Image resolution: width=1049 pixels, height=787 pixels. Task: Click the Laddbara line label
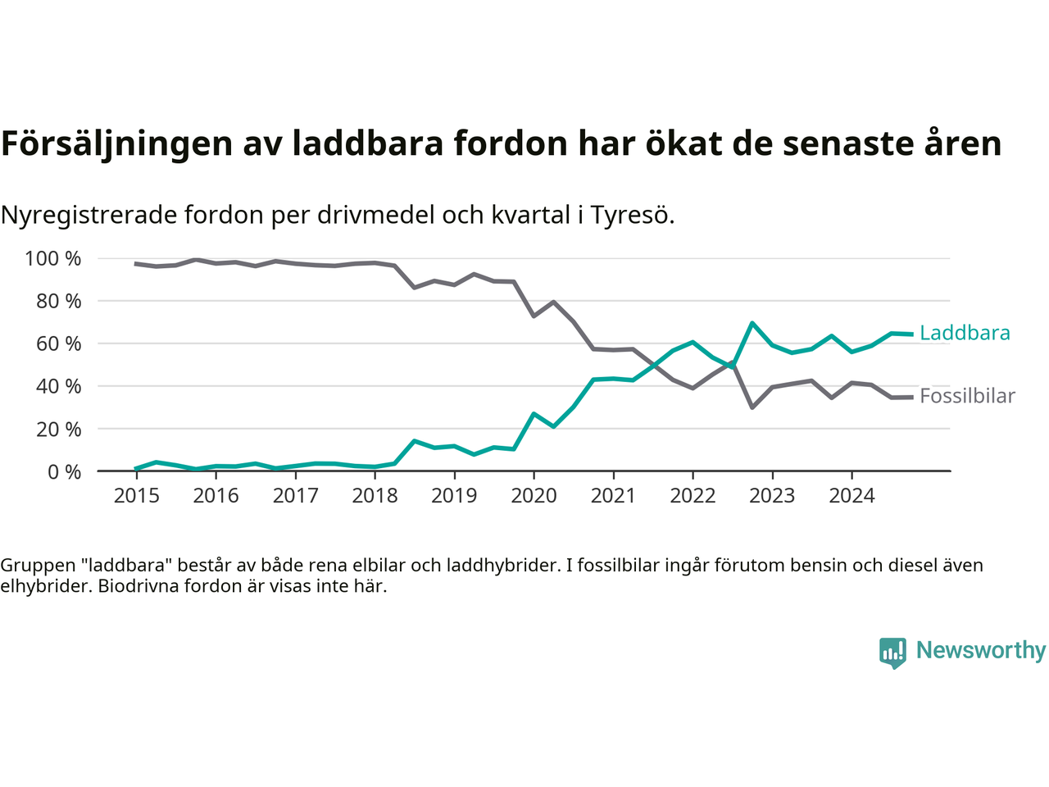965,333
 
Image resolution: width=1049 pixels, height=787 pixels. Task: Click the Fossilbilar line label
967,396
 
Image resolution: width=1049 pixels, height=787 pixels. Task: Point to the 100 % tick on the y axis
53,259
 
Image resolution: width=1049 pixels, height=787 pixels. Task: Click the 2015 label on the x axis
136,496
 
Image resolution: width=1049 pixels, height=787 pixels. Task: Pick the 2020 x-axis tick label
534,496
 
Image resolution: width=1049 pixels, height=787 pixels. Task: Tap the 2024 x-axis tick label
851,496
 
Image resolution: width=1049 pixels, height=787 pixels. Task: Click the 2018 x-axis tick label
375,496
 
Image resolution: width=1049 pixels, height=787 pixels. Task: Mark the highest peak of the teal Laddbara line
752,323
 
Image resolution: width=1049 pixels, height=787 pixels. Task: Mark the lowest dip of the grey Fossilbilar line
752,407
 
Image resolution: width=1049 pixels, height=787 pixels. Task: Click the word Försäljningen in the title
116,143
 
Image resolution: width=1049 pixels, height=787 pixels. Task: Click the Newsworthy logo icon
892,653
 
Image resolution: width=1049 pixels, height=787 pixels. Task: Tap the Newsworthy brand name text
981,650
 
